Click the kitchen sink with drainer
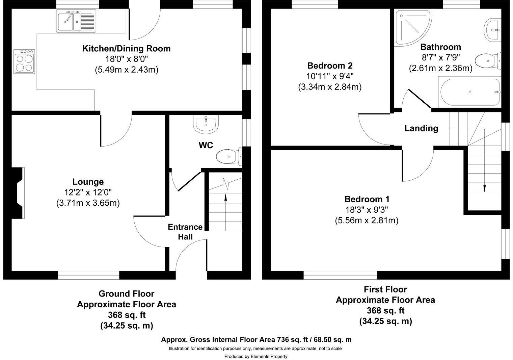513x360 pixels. tap(77, 21)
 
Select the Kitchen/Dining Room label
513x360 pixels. tap(126, 49)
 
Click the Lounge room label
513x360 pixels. tap(88, 182)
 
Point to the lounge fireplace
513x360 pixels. tap(18, 193)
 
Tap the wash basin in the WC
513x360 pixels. tap(206, 124)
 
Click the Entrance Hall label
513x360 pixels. tap(185, 232)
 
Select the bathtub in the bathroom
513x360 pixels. tap(469, 92)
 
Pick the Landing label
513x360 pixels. tap(421, 128)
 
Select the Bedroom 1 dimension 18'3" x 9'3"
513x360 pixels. tap(366, 210)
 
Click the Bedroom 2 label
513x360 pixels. tap(330, 66)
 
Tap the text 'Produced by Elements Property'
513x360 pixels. tap(256, 356)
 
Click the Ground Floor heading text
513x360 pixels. tap(126, 294)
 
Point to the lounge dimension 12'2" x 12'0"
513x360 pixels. tap(88, 192)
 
